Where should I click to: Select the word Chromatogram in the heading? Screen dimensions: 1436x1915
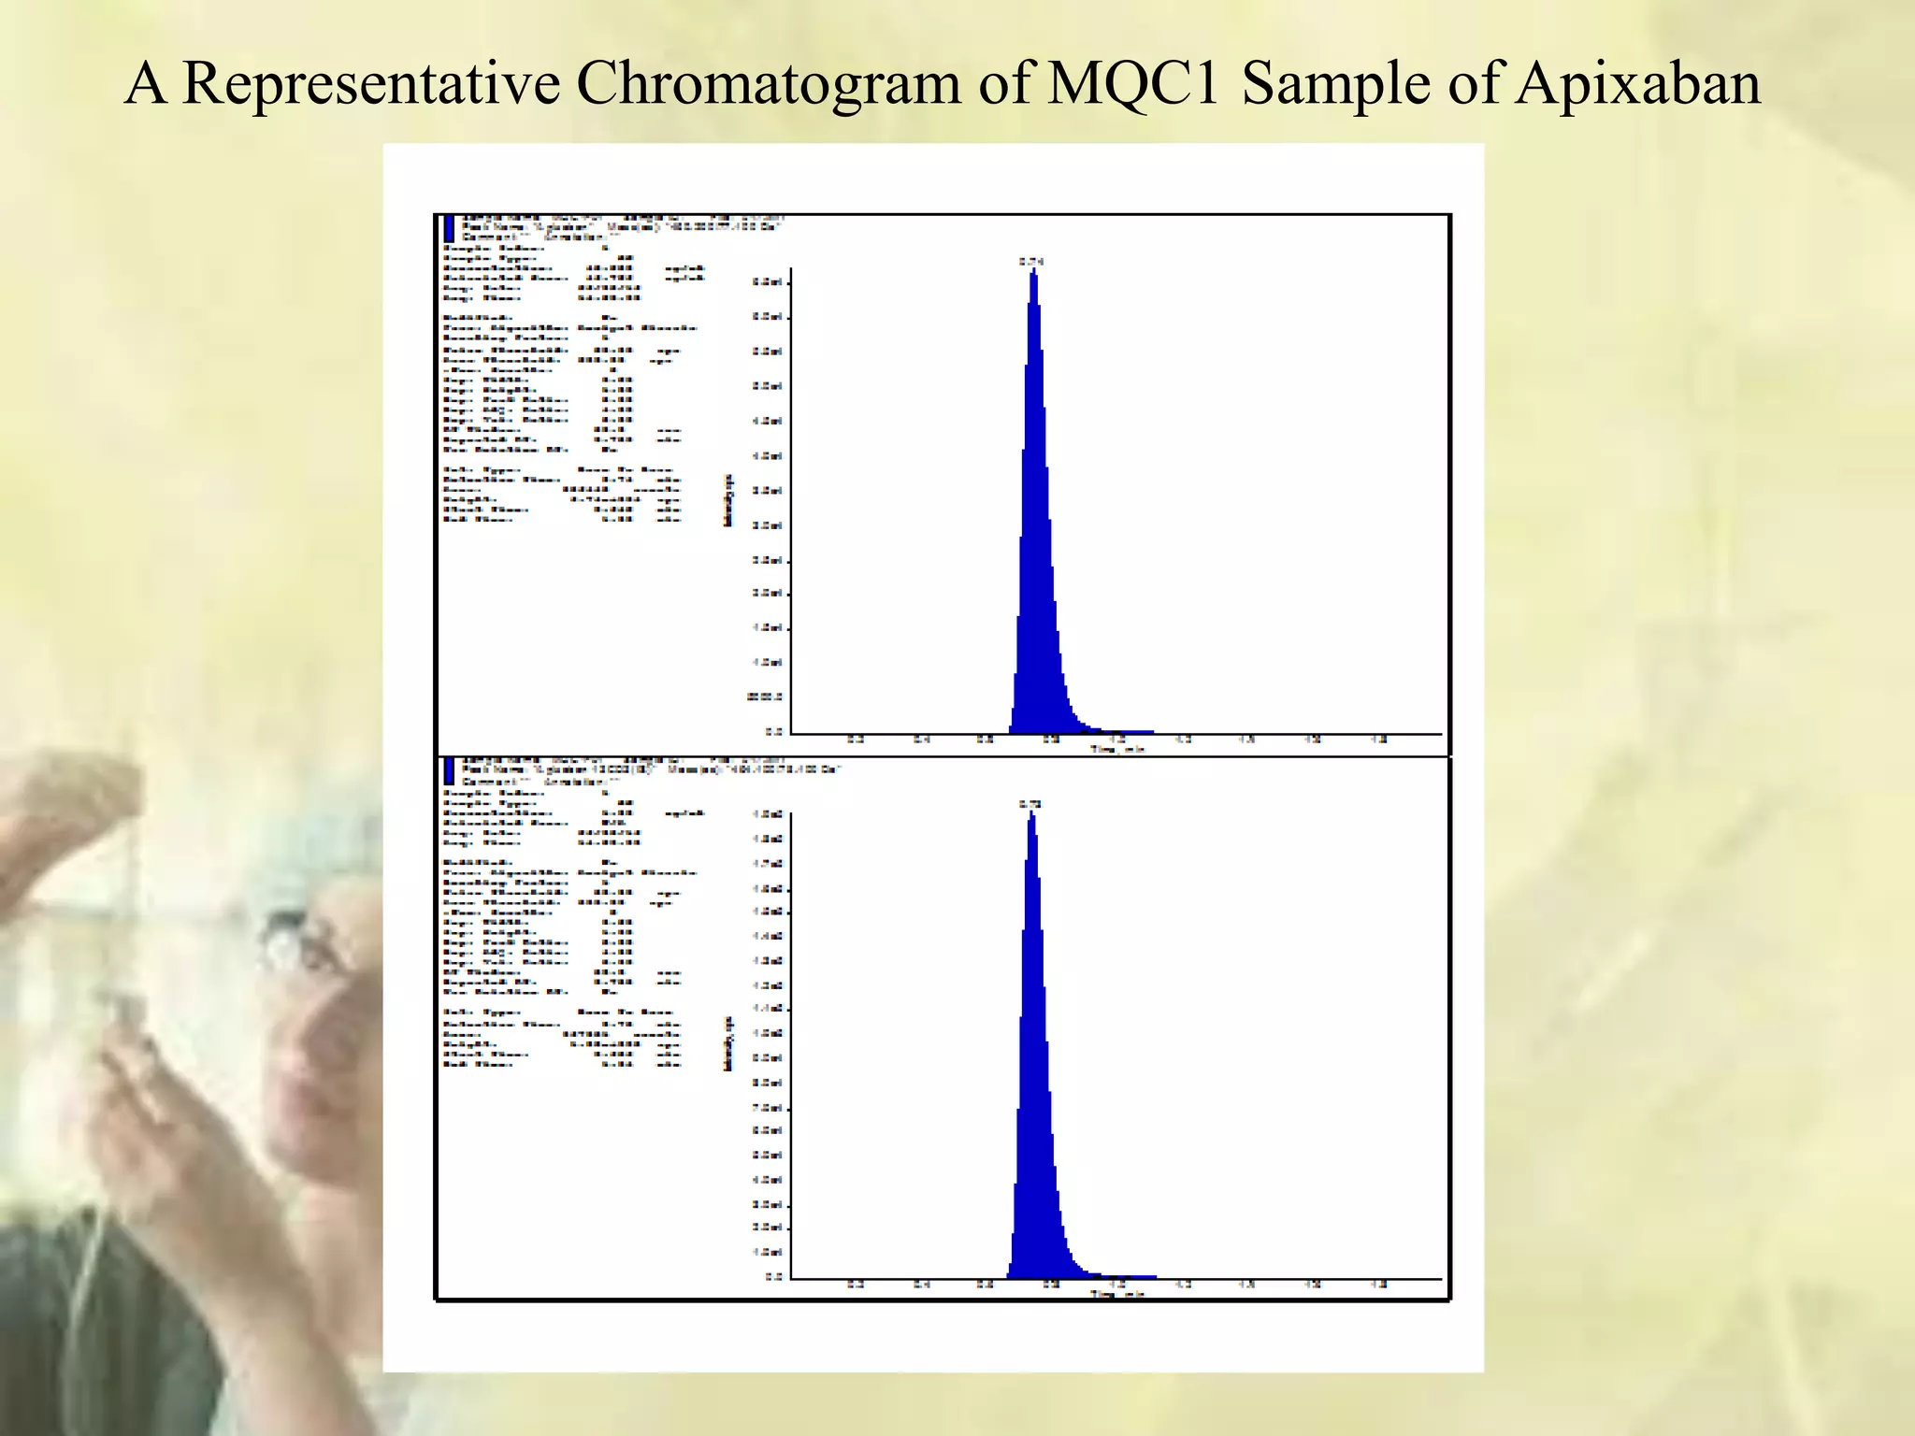[768, 84]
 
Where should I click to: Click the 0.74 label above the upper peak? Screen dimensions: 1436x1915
[1030, 262]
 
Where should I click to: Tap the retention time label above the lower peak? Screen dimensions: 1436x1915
[1030, 804]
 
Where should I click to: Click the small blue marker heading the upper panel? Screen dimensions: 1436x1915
[450, 228]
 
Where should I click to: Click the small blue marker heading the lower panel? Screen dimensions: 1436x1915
[450, 771]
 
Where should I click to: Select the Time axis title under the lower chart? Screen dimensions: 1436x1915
[1116, 1294]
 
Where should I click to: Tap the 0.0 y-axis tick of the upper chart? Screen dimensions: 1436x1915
[773, 732]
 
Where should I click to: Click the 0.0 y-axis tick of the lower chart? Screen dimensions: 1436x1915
[773, 1276]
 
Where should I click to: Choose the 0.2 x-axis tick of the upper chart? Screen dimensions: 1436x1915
[856, 740]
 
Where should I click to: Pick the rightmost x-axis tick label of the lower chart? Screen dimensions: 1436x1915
[1378, 1284]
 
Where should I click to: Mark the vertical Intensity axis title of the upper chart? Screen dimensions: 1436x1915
[728, 500]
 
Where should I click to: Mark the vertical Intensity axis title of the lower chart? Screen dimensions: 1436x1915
[728, 1043]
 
